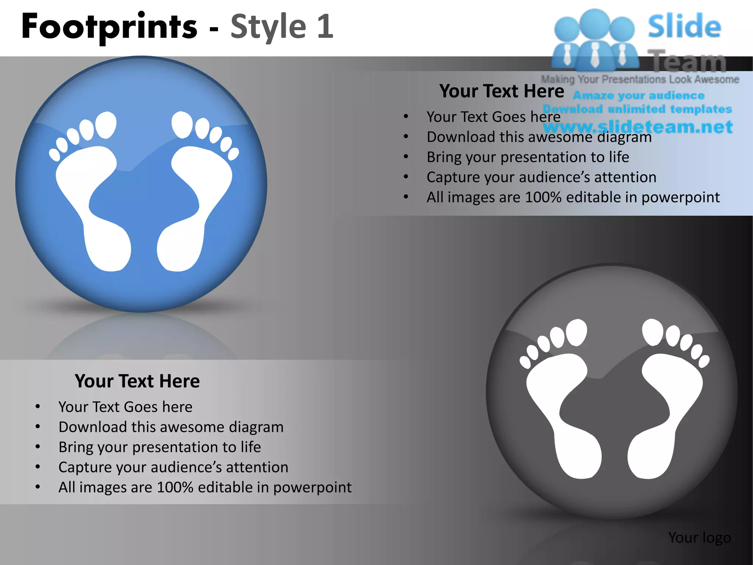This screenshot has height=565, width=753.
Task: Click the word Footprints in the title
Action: coord(109,26)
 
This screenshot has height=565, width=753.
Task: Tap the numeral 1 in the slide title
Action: coord(325,26)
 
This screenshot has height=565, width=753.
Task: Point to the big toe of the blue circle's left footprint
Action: coord(106,125)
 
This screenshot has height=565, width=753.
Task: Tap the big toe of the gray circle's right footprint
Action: coord(653,332)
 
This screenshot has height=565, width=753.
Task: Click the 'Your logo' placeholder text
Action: coord(699,538)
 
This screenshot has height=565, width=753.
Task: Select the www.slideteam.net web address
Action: coord(638,127)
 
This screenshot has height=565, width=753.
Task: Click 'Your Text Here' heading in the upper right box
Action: coord(502,91)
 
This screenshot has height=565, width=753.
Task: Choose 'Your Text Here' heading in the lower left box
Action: coord(137,381)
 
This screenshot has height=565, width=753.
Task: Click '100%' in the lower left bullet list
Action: coord(175,487)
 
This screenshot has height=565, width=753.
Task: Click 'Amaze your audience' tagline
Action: coord(639,96)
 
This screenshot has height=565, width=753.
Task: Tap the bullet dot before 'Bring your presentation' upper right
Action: coord(406,157)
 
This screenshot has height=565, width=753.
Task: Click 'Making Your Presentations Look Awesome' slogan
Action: coord(640,79)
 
